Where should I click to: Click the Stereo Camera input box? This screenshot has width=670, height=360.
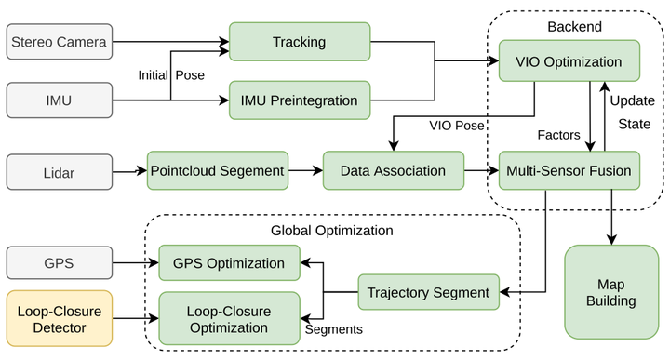[x=59, y=42]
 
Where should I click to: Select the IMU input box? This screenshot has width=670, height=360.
[x=59, y=100]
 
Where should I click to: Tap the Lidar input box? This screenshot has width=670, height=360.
[x=59, y=172]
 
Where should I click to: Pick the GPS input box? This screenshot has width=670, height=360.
[x=59, y=263]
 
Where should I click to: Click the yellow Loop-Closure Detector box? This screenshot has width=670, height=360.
[x=59, y=318]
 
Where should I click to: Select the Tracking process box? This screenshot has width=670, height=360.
[x=299, y=42]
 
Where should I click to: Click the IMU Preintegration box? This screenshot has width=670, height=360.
[x=299, y=100]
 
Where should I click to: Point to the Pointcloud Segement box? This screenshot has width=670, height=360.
[x=217, y=171]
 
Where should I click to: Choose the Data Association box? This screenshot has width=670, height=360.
[x=392, y=171]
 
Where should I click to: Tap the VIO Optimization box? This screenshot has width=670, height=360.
[x=569, y=62]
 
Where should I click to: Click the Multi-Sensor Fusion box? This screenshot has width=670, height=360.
[x=569, y=171]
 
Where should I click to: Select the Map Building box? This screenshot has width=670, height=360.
[x=610, y=292]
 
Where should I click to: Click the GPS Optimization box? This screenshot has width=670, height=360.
[x=230, y=263]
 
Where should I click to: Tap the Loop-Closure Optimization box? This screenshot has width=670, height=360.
[x=230, y=318]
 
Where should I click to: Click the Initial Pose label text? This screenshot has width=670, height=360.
[x=172, y=74]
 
